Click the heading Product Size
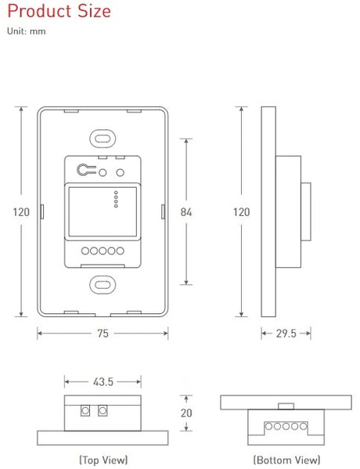[x=59, y=12]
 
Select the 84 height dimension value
[x=185, y=211]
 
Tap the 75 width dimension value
[x=103, y=333]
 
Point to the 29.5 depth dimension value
[x=287, y=333]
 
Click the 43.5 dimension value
[x=103, y=382]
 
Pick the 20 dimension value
[x=186, y=413]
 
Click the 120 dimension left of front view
[x=21, y=211]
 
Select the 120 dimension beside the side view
[x=242, y=211]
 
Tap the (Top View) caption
[x=103, y=460]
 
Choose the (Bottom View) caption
[x=286, y=460]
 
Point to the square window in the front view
[x=87, y=210]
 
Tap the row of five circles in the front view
[x=103, y=252]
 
